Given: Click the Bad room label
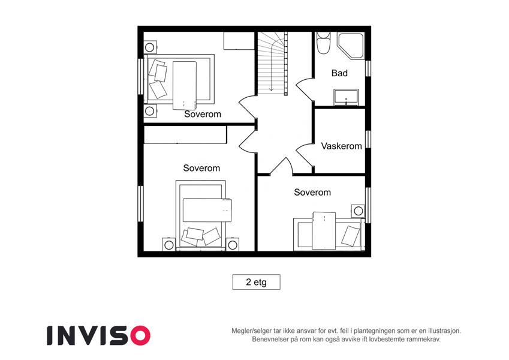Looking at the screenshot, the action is click(339, 73).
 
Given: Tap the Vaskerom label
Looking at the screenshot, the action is click(341, 146).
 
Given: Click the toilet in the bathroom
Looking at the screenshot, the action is click(324, 43).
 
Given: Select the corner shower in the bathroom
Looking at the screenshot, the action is click(350, 46).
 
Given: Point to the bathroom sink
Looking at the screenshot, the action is click(347, 97).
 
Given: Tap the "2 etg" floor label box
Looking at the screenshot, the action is click(256, 282).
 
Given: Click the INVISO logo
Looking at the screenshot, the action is click(98, 335).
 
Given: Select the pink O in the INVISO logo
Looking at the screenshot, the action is click(140, 335).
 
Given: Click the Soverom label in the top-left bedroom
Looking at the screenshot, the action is click(203, 114).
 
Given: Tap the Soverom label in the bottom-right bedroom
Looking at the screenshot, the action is click(312, 193).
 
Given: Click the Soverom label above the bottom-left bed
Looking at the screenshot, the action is click(201, 168).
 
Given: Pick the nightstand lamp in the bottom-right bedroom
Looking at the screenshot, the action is click(358, 211).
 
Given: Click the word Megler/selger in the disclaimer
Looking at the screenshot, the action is click(252, 331).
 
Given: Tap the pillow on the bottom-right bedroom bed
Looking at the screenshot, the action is click(351, 236).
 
